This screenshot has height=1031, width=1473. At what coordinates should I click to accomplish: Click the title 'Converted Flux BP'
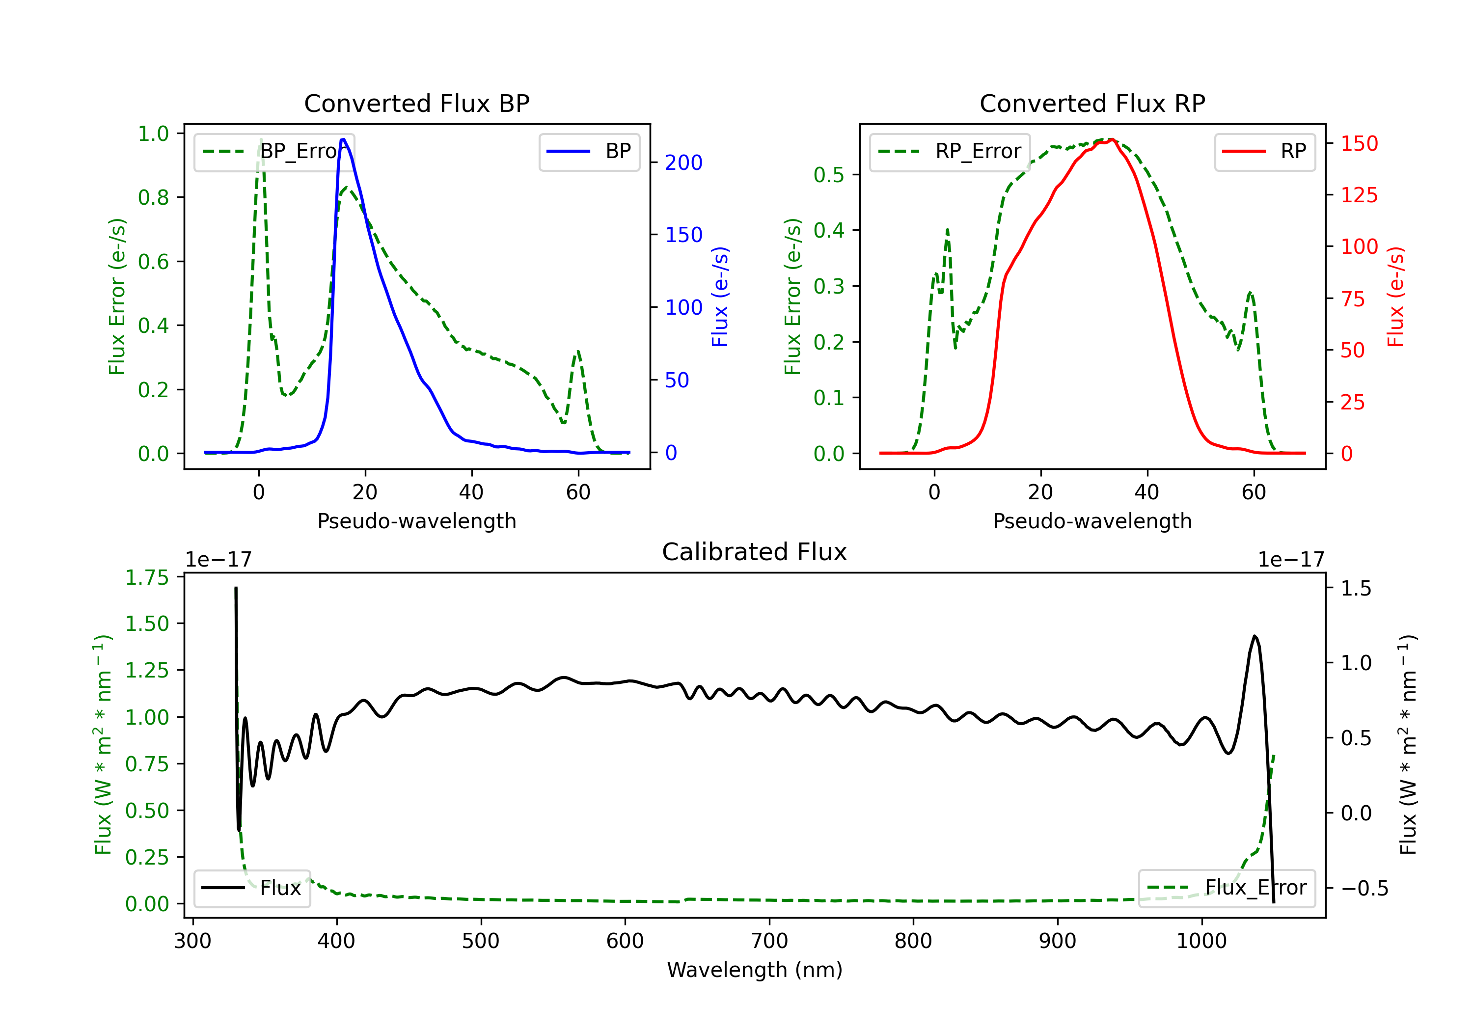click(417, 103)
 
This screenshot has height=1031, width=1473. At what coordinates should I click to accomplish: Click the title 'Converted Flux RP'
click(1092, 103)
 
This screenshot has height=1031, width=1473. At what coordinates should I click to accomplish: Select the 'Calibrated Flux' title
click(755, 552)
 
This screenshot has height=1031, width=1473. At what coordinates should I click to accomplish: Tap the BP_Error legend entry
click(274, 151)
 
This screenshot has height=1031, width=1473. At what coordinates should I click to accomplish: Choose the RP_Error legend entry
click(950, 151)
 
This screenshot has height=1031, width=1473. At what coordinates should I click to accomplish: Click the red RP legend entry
click(1264, 151)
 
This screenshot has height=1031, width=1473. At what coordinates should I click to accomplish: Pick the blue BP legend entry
click(589, 151)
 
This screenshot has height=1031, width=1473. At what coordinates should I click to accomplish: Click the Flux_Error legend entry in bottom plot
click(1227, 888)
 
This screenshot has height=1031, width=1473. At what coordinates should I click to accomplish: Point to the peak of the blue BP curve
click(343, 139)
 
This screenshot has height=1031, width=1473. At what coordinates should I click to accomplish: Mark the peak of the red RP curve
click(1112, 140)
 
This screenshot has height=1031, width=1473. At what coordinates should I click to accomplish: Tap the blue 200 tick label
click(684, 163)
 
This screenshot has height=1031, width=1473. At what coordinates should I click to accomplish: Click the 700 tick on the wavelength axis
click(769, 941)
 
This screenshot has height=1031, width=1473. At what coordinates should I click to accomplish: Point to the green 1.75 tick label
click(147, 577)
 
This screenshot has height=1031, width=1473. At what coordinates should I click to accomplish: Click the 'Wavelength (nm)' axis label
click(755, 970)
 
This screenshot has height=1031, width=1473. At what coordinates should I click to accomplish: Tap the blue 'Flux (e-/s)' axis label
click(720, 297)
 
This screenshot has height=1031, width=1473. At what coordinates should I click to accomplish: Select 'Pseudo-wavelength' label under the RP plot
click(1092, 521)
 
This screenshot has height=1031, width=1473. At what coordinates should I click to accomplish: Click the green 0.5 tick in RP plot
click(829, 174)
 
